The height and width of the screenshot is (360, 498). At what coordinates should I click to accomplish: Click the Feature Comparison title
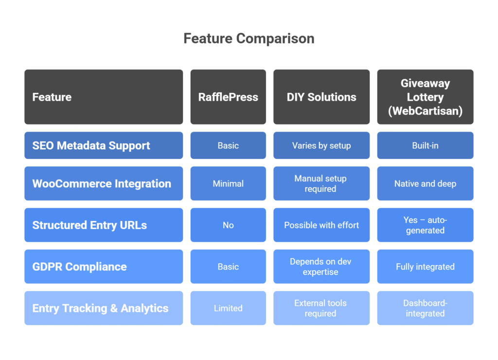point(249,38)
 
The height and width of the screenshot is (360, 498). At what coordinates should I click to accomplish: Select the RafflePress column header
point(228,97)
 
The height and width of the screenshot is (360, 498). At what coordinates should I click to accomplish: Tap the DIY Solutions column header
point(321,97)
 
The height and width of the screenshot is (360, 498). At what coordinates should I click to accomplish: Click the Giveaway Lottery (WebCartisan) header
point(425,97)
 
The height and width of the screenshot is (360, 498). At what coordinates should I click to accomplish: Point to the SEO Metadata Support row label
point(104,145)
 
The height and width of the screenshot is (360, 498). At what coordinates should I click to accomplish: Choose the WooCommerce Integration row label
point(104,183)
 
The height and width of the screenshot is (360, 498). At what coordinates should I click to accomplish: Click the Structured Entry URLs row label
point(104,225)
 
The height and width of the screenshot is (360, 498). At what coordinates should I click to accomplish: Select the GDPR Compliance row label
point(104,267)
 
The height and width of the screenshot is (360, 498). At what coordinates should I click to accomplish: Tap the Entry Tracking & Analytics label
point(104,308)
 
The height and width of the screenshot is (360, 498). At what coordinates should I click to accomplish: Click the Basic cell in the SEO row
point(228,145)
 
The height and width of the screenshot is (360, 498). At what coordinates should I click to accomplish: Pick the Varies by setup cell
point(321,145)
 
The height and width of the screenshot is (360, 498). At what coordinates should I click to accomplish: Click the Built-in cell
point(425,145)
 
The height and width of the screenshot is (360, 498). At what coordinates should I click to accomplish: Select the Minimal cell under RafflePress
point(228,183)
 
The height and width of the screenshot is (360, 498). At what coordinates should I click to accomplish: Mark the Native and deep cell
point(425,183)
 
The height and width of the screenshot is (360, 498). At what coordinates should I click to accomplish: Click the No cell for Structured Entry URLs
point(228,225)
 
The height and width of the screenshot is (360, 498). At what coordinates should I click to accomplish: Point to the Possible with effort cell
point(321,225)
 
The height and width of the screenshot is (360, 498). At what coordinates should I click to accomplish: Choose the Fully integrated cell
point(425,267)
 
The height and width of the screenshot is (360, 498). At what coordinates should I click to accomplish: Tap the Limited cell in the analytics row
point(228,308)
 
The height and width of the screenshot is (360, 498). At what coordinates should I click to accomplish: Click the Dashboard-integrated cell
point(425,308)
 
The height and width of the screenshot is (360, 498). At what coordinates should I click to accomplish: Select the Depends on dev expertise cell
point(321,267)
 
